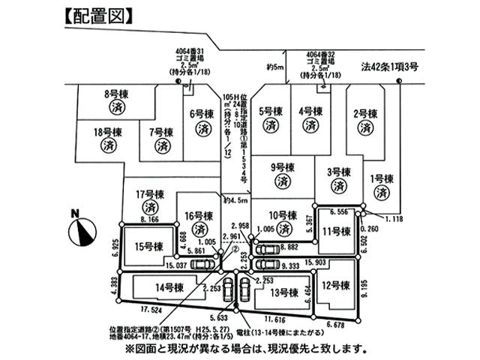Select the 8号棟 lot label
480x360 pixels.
(118, 94)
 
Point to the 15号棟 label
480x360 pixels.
(148, 246)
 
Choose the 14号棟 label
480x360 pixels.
(169, 287)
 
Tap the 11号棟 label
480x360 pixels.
(336, 232)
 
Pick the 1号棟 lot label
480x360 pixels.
(382, 179)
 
